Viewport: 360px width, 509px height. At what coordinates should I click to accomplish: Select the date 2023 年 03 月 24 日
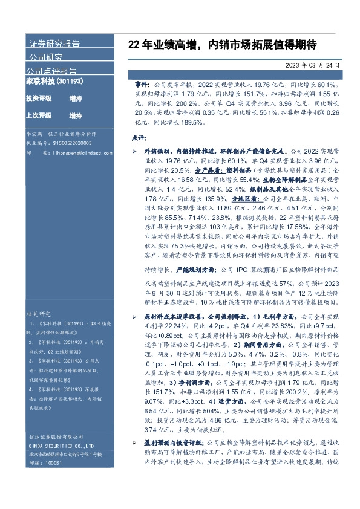(314, 65)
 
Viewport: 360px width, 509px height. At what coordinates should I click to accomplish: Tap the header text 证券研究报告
(54, 44)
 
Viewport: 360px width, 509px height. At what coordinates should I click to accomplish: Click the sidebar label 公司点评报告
(53, 71)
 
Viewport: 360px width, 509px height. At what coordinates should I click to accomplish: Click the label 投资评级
(38, 98)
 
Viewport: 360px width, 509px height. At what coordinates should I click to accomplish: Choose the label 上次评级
(38, 115)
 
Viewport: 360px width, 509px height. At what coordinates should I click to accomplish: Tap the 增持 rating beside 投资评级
(76, 98)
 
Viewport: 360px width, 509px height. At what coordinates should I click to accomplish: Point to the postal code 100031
(55, 495)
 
